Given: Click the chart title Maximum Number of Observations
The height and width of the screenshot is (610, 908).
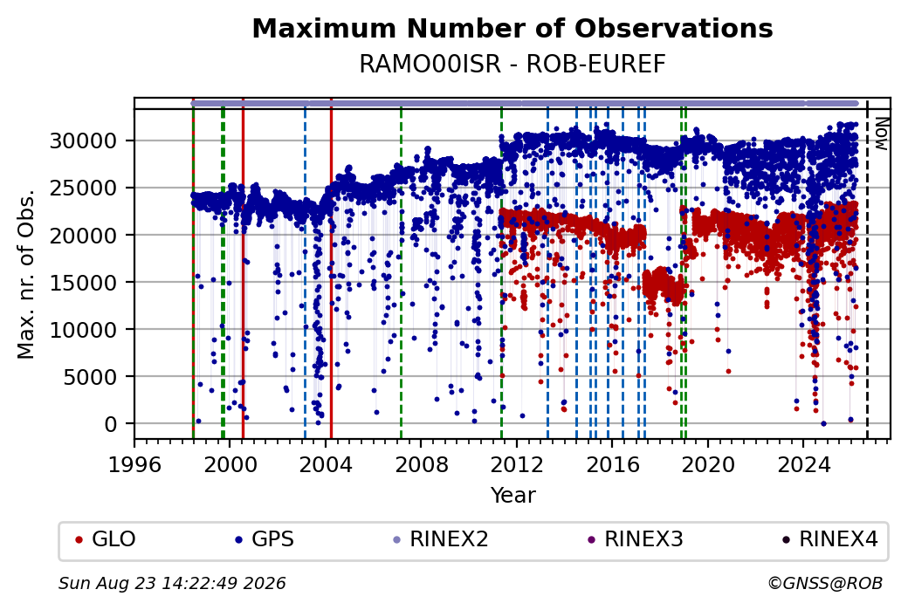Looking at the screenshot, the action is point(512,28).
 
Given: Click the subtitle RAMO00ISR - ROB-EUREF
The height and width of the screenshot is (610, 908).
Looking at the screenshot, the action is point(512,65).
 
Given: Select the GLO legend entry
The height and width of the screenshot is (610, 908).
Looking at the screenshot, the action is point(106,539).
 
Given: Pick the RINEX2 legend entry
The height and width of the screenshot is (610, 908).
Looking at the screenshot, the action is point(441,539).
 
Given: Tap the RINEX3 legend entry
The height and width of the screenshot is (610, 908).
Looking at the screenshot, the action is point(636,539).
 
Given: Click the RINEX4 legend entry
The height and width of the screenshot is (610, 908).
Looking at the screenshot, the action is point(829,539).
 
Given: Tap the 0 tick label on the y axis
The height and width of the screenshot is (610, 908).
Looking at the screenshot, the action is point(111,424).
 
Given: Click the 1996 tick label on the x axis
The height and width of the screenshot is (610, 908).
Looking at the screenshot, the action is point(134,464).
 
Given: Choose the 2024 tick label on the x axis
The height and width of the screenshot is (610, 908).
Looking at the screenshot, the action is point(803,464).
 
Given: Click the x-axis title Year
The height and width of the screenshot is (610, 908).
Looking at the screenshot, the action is point(512,496).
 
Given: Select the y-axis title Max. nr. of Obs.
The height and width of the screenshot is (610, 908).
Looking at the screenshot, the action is point(26,274).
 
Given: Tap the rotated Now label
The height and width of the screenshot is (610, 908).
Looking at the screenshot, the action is point(881,134).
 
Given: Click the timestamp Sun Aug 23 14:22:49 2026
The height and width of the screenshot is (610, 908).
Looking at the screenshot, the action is point(172,583).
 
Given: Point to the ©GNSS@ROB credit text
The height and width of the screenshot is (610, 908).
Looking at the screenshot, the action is point(825,583).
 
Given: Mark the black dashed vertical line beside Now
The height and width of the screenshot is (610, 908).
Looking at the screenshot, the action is point(867,269).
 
